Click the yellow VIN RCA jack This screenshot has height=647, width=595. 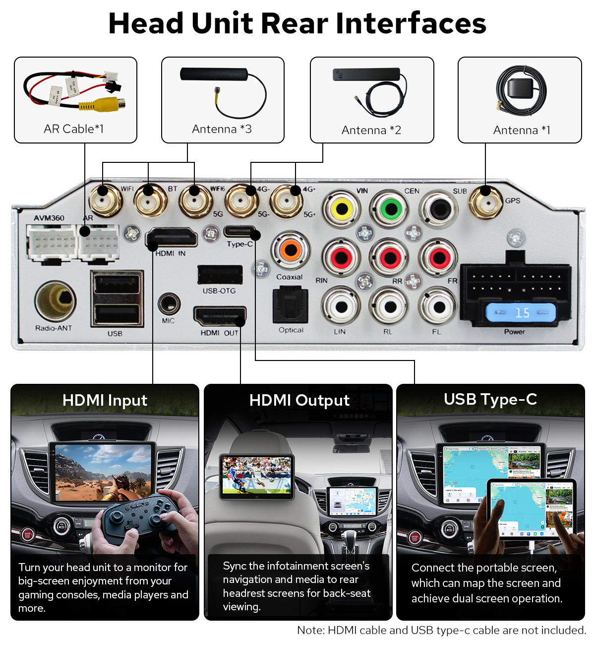coord(342,209)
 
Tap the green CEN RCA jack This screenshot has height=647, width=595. coord(391,209)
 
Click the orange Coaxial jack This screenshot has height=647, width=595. coord(291,250)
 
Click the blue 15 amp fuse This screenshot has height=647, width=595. coord(521,313)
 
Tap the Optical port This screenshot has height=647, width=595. coord(291,305)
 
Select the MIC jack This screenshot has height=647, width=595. coord(169,303)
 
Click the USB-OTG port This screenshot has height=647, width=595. coord(220,275)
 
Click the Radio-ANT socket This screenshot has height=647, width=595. coord(55,301)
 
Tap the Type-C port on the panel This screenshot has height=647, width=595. coord(239,231)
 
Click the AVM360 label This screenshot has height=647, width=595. coord(49,218)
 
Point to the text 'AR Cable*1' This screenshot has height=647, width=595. coord(73,129)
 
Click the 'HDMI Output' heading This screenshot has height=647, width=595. coord(299,400)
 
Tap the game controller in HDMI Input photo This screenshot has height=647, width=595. coord(135,516)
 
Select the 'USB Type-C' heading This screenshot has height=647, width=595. coord(490,399)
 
